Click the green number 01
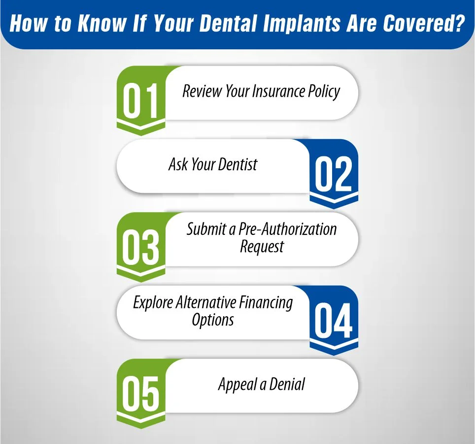click(x=141, y=101)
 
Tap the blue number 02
click(x=334, y=175)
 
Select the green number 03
click(x=141, y=248)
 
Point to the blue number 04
click(x=334, y=321)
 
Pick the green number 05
click(x=141, y=394)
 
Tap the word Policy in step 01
click(x=324, y=92)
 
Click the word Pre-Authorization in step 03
click(x=288, y=229)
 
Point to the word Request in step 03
click(x=262, y=247)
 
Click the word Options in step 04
click(x=213, y=320)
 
